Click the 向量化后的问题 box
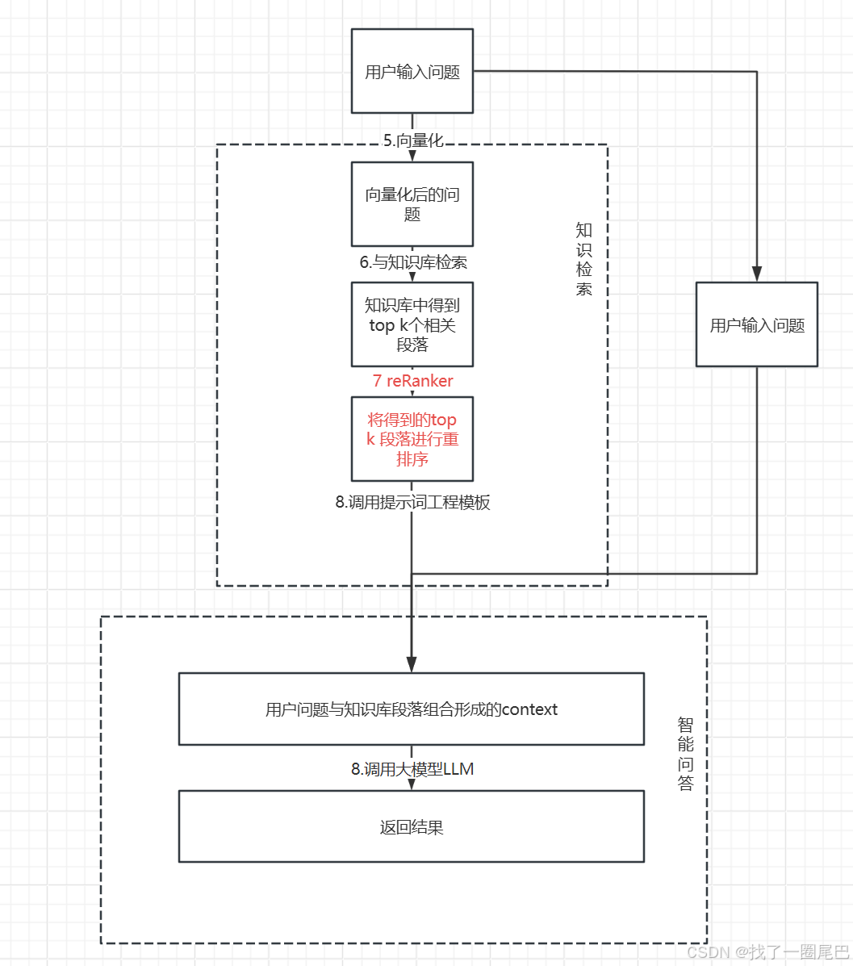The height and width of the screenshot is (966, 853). pyautogui.click(x=412, y=204)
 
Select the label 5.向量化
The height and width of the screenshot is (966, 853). pyautogui.click(x=412, y=140)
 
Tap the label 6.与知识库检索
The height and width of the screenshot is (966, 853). pyautogui.click(x=413, y=262)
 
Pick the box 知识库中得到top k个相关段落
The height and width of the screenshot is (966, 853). pyautogui.click(x=412, y=324)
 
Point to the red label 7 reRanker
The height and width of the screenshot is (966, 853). pyautogui.click(x=412, y=381)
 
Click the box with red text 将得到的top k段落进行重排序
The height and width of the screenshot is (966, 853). pyautogui.click(x=412, y=439)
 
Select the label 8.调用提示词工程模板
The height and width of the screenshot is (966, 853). pyautogui.click(x=412, y=502)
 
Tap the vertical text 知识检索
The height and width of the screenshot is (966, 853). pyautogui.click(x=584, y=259)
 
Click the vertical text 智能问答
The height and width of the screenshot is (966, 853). pyautogui.click(x=685, y=754)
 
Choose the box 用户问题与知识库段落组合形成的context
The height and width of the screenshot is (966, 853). pyautogui.click(x=411, y=709)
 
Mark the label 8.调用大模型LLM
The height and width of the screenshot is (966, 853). pyautogui.click(x=412, y=769)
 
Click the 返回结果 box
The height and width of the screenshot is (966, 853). pyautogui.click(x=411, y=826)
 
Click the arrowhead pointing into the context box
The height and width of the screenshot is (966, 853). pyautogui.click(x=412, y=665)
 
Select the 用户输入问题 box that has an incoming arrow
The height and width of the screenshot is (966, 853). pyautogui.click(x=756, y=325)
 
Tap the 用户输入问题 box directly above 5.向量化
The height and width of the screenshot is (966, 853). pyautogui.click(x=412, y=71)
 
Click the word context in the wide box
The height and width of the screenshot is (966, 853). pyautogui.click(x=529, y=709)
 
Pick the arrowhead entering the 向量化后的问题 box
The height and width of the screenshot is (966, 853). pyautogui.click(x=412, y=157)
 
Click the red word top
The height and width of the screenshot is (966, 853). pyautogui.click(x=444, y=420)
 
